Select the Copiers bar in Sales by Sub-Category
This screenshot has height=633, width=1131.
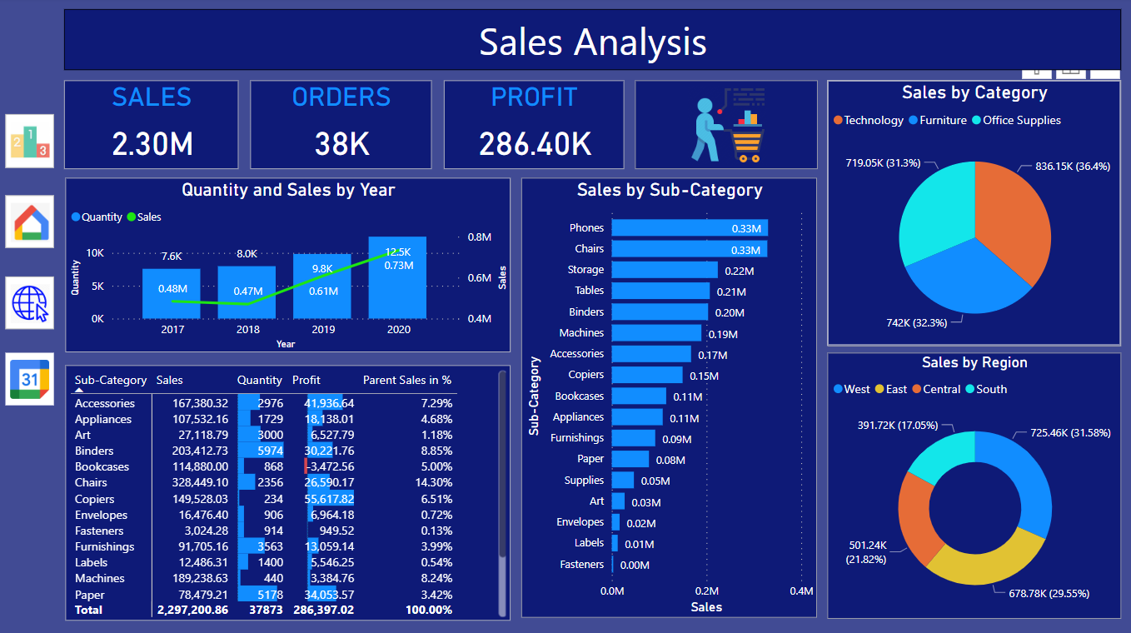[647, 375]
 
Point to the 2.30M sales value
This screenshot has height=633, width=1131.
[152, 144]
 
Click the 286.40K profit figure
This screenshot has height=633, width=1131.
[535, 144]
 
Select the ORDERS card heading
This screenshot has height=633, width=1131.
[341, 97]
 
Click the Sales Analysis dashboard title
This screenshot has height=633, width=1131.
[592, 42]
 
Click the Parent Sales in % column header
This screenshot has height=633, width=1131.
[407, 380]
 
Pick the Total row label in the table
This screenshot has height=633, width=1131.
[89, 610]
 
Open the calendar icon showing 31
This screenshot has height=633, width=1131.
[30, 379]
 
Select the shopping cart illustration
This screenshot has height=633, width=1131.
[727, 125]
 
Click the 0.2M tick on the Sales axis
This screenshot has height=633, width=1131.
[706, 591]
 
